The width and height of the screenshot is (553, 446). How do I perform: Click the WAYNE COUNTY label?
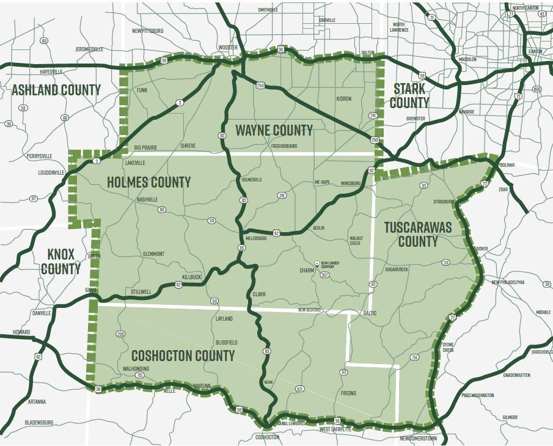point(274,130)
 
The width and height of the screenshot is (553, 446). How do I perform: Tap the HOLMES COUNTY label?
point(148,182)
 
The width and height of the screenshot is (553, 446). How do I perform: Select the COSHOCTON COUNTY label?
point(183,356)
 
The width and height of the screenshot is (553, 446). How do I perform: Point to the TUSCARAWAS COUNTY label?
point(418,234)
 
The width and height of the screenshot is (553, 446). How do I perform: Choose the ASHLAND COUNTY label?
point(56,90)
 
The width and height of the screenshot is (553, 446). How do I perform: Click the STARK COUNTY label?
point(409,95)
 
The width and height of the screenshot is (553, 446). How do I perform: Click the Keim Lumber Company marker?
point(317,263)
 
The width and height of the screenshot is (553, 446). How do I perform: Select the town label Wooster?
point(227,48)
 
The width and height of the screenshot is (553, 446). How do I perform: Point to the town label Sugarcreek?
point(397,269)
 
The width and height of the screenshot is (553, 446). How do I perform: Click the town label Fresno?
point(349,393)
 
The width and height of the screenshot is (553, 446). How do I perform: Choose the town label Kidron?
point(344,98)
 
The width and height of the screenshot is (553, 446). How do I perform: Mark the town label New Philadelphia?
point(508,282)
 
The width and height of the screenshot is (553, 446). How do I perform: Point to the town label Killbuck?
point(191,277)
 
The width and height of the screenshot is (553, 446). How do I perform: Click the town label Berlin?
point(318,227)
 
